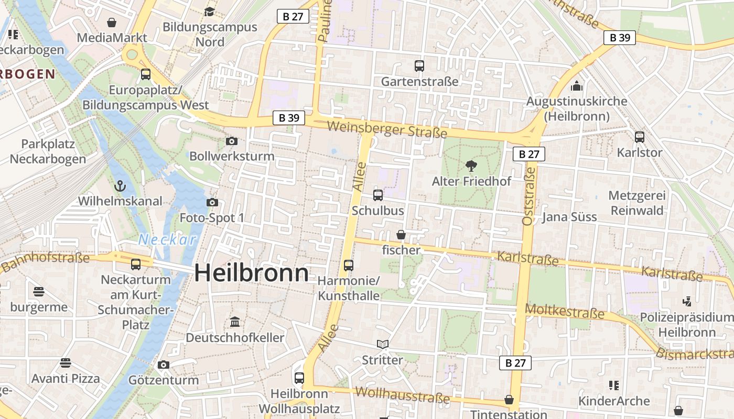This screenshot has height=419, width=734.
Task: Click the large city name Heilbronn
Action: (252, 273)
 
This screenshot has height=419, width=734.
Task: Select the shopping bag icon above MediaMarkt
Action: (112, 23)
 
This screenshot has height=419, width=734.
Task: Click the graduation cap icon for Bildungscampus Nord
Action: (210, 12)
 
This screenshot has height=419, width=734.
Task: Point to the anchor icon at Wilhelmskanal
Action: (121, 186)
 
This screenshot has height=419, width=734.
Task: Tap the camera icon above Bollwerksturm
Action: (231, 141)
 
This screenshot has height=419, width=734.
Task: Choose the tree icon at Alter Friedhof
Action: (471, 166)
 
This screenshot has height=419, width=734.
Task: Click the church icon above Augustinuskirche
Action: (577, 85)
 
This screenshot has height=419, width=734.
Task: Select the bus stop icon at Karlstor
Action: (640, 137)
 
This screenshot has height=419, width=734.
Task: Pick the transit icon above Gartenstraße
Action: (419, 66)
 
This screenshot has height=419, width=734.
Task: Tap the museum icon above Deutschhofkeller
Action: (235, 322)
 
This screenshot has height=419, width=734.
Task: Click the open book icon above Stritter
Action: (383, 344)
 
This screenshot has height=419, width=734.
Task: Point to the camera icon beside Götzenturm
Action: (164, 365)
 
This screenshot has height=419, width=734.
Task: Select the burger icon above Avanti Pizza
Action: (66, 362)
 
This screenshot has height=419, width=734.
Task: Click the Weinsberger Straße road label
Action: (387, 129)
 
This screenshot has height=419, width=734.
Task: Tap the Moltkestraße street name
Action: (565, 312)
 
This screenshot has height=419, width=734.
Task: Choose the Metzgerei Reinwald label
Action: (637, 203)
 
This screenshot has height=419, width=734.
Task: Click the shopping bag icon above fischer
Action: (401, 235)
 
